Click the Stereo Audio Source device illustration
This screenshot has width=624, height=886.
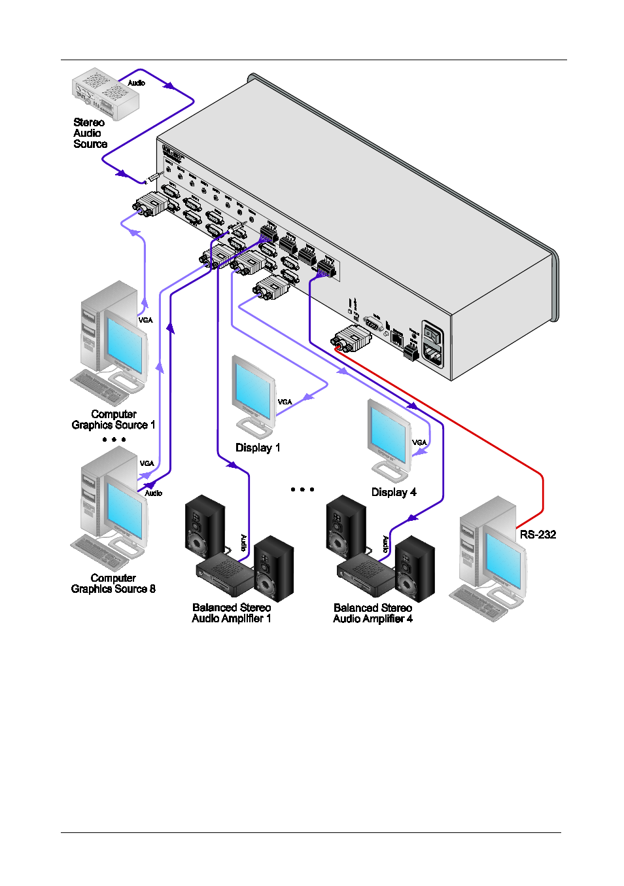click(105, 94)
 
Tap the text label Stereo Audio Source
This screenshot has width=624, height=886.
click(90, 133)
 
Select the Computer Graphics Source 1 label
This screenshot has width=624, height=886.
click(113, 419)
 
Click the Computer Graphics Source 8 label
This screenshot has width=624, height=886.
click(113, 584)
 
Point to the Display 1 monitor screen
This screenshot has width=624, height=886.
click(252, 389)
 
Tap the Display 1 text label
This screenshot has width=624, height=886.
click(258, 448)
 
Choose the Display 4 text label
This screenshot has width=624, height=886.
click(394, 493)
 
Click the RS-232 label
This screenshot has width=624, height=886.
click(538, 535)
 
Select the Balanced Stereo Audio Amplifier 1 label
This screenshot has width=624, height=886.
click(232, 613)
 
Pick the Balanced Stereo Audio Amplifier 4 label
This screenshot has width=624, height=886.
click(373, 613)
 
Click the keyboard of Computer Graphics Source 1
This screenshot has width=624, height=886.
click(98, 387)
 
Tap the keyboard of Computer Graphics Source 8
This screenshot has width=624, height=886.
click(98, 551)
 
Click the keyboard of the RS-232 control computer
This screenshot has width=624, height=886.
click(477, 601)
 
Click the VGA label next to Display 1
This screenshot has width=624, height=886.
click(285, 402)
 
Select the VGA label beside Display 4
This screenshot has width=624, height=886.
click(419, 442)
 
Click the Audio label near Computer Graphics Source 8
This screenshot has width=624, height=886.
click(153, 493)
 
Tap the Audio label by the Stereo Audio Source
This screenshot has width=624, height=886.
click(136, 83)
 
